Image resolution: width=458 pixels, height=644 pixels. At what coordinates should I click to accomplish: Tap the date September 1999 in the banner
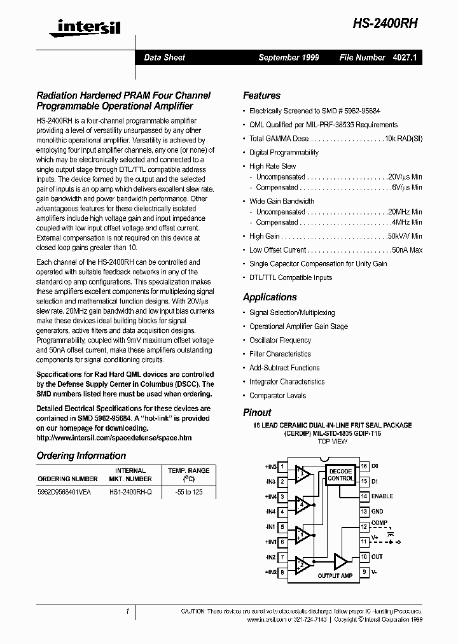288,57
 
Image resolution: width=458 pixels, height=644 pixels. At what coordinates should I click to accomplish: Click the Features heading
261,95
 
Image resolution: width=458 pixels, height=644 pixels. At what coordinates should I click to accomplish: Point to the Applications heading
270,297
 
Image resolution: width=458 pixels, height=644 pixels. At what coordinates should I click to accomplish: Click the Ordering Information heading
81,456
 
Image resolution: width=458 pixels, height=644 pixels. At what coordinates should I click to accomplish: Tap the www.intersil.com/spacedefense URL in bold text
114,438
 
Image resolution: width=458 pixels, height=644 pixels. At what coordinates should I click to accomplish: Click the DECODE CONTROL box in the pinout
340,475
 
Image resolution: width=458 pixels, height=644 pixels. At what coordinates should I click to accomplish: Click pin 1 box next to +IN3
282,466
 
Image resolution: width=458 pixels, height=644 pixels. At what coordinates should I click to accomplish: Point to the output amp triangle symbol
341,561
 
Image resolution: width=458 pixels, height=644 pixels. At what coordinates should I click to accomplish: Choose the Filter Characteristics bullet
280,354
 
